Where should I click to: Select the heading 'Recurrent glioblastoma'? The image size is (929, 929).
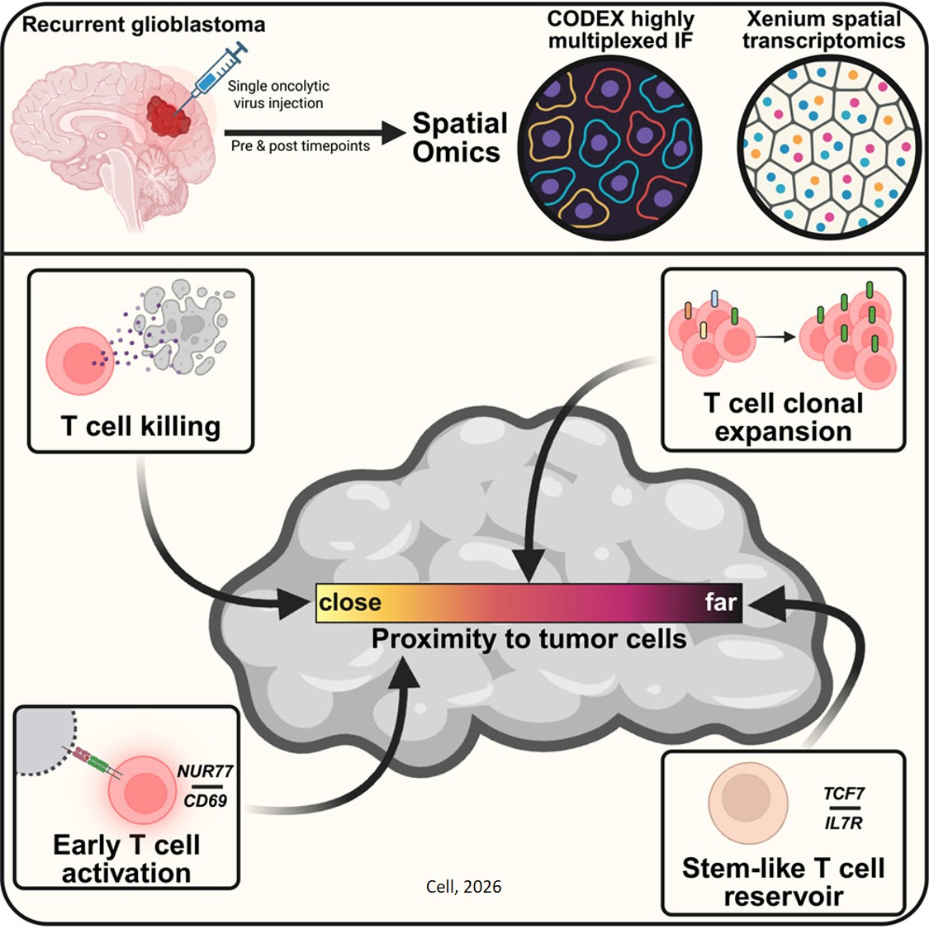click(144, 24)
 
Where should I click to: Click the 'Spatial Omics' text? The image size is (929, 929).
click(459, 138)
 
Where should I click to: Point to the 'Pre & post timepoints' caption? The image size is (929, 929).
click(301, 146)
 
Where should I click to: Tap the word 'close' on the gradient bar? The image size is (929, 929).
click(350, 602)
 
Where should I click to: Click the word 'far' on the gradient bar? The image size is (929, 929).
click(720, 602)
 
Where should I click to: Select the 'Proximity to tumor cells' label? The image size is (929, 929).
click(528, 638)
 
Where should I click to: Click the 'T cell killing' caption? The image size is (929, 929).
click(140, 426)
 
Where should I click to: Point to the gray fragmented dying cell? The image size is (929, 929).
click(186, 326)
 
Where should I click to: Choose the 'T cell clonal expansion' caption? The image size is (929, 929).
click(783, 417)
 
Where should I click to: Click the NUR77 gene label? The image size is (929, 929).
click(206, 771)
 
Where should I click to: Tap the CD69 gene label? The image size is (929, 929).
click(206, 800)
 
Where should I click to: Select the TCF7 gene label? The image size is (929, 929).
click(843, 794)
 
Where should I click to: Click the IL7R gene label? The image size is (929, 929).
click(843, 822)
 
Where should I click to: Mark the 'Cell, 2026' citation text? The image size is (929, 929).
click(463, 887)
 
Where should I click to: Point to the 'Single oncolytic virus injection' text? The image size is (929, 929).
click(278, 94)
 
